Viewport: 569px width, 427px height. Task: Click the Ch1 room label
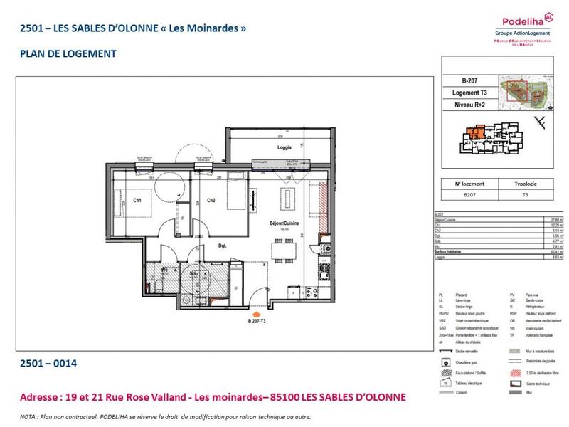point(138,201)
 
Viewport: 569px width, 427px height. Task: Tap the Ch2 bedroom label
point(211,201)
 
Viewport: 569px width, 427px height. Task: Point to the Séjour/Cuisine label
point(284,223)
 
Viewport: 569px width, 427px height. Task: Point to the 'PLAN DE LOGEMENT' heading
point(64,53)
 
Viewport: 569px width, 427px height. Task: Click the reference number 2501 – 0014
point(46,364)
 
